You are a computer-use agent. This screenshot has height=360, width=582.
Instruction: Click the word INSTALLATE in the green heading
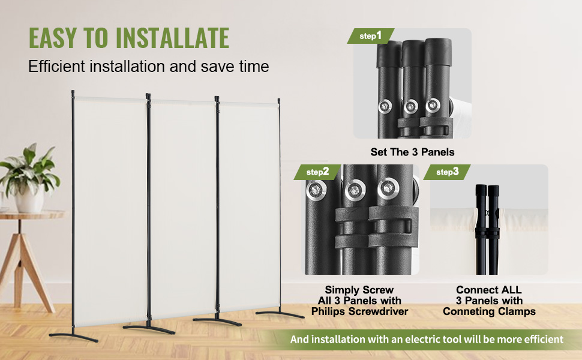coord(173,38)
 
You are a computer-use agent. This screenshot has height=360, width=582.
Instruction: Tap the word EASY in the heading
coord(53,38)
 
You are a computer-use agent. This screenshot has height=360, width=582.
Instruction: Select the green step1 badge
coord(370,36)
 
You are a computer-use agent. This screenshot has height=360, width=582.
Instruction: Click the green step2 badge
coord(317,172)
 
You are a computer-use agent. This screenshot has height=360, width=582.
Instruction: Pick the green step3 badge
coord(447,172)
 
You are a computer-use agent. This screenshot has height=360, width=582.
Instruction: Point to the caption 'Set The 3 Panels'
coord(412,152)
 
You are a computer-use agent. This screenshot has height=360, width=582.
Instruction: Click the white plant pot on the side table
coord(29,200)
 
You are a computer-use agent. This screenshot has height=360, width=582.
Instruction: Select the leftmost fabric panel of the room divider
coord(111,209)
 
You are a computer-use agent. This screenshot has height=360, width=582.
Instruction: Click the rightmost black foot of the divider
coord(280,314)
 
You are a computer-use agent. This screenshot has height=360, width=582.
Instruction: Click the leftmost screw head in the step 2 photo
coord(316,191)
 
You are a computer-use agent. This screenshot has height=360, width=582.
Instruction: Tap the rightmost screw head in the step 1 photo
coord(433,106)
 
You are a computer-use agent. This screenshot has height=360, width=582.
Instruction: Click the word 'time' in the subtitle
coord(254,67)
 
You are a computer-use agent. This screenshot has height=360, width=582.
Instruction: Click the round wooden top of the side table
coord(31,215)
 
